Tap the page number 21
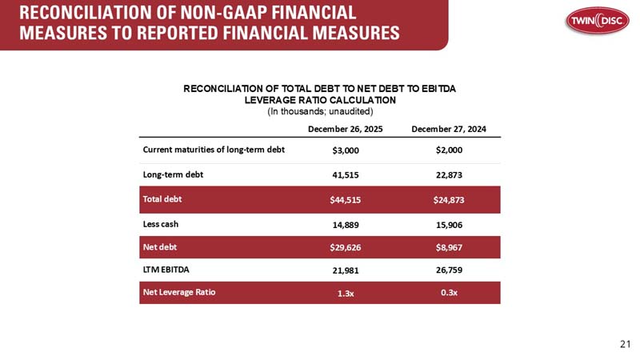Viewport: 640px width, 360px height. [x=626, y=344]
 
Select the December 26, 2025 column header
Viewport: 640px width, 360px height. [x=346, y=129]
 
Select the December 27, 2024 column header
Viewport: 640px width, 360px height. [x=449, y=129]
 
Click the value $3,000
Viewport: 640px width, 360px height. [x=346, y=150]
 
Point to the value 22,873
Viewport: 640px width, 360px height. [x=449, y=174]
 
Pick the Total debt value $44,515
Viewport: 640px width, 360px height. [x=346, y=199]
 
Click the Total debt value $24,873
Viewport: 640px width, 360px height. [x=449, y=199]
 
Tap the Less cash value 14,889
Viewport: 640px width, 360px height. [x=346, y=224]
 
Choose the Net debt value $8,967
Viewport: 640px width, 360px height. [x=449, y=247]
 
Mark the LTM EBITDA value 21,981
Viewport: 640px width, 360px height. [x=346, y=270]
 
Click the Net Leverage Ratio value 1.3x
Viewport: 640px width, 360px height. [x=346, y=293]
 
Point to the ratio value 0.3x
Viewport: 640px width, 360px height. [x=449, y=293]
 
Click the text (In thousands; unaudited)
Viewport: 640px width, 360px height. [x=319, y=111]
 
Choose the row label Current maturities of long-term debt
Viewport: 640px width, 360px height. [x=214, y=150]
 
